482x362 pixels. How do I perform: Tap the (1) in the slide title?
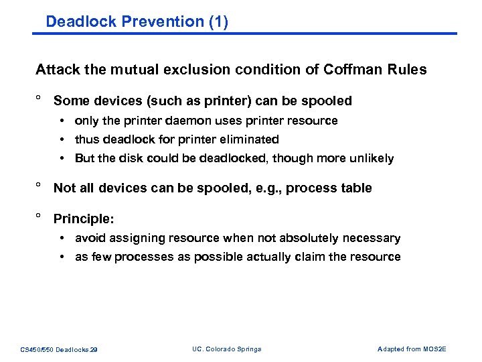pos(218,21)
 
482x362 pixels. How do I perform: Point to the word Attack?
pos(56,70)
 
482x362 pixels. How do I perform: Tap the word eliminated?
pos(249,139)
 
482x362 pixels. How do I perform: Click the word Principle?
pos(84,219)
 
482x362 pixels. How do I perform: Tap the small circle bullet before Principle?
pos(39,216)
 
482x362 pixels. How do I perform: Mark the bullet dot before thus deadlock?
pos(61,139)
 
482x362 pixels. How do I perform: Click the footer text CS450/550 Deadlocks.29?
pos(59,349)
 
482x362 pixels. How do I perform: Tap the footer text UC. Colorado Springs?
pos(226,349)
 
